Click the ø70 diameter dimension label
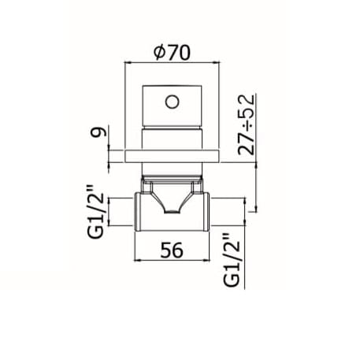tap(172, 53)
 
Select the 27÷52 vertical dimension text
tap(246, 124)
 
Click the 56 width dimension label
tap(172, 250)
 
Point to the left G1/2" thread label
tap(96, 212)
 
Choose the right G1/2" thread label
tap(232, 260)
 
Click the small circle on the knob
tap(173, 102)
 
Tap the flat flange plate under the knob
tap(172, 156)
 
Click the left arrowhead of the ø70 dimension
tap(128, 62)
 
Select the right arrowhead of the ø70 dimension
tap(216, 62)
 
